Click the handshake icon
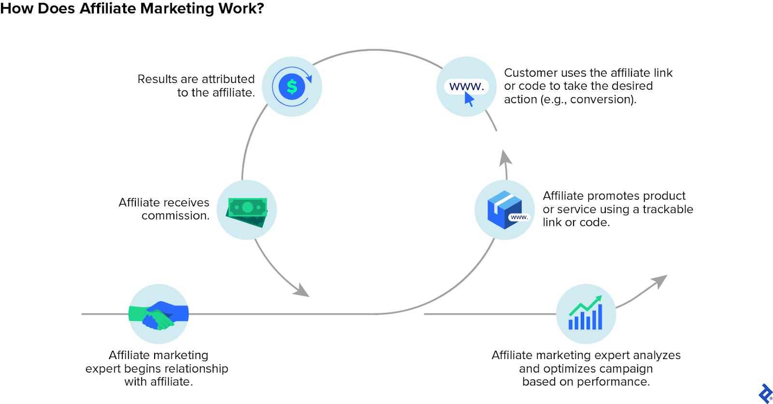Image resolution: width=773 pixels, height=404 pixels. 158,315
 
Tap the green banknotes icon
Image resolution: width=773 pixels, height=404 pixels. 247,211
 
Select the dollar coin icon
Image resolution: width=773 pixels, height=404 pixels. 292,87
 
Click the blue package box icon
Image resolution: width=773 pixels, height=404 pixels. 504,209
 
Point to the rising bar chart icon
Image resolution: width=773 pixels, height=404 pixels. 586,314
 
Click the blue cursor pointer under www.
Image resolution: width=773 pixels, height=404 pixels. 469,99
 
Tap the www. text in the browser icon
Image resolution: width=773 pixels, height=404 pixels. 466,86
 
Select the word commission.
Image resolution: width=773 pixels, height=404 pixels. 175,216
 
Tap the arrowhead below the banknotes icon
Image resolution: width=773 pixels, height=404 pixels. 302,291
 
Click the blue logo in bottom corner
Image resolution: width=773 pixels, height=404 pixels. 765,393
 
